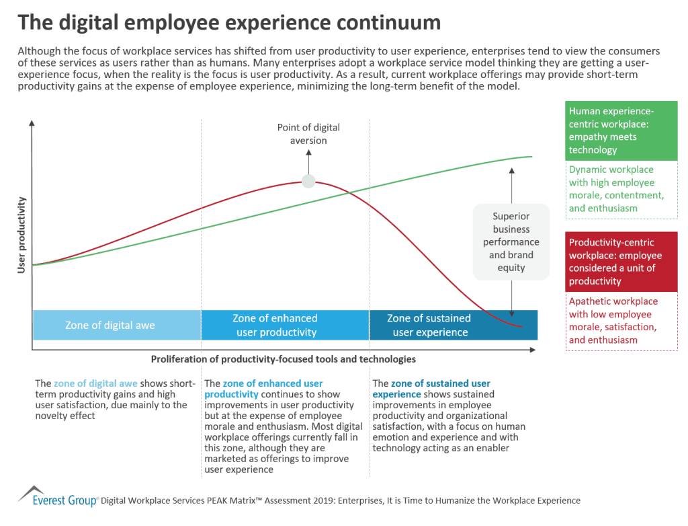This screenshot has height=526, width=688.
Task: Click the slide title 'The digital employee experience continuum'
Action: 228,22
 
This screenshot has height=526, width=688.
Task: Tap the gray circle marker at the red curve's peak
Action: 308,181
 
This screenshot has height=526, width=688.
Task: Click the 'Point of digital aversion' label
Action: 308,134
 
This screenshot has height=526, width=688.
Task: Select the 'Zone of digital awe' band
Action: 110,325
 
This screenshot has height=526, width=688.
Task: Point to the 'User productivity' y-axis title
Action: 21,235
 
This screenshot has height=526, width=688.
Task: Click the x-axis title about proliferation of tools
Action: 283,359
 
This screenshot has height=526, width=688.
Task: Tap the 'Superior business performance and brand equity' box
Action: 511,242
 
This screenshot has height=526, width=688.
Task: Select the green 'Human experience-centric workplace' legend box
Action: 621,130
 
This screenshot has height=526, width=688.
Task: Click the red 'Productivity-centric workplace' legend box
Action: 621,262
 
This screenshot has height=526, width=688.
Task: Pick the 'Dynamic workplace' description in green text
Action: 621,189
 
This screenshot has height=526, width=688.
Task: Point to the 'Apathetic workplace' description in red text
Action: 621,321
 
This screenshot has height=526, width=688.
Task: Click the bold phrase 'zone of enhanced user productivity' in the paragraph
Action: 263,389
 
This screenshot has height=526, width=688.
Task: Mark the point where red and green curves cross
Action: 351,193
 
